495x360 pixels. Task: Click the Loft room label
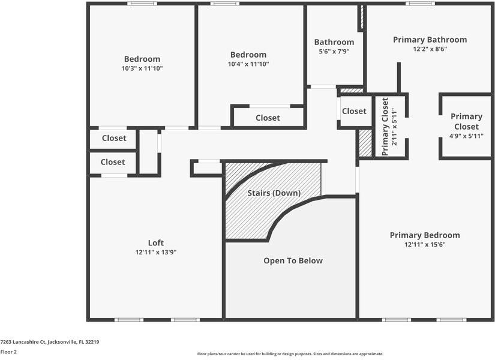click(155, 242)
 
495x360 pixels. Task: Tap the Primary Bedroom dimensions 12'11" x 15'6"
click(425, 245)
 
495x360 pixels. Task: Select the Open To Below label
click(293, 260)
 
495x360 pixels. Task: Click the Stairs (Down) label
click(274, 193)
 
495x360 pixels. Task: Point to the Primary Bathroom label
click(430, 40)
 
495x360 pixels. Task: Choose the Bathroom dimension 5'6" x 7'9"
click(334, 52)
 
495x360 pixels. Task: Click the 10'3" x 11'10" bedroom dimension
click(142, 68)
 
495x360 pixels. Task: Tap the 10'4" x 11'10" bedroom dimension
click(248, 64)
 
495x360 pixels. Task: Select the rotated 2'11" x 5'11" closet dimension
click(394, 127)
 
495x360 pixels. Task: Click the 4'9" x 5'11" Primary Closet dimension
click(466, 136)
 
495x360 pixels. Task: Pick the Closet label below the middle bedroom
click(268, 118)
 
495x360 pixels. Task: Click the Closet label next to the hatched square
click(354, 111)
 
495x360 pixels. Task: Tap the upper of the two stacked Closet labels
click(114, 138)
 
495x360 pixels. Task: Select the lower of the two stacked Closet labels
click(113, 162)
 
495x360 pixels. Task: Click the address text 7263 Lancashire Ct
click(50, 341)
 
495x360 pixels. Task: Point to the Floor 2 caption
click(8, 352)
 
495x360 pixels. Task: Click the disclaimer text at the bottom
click(290, 354)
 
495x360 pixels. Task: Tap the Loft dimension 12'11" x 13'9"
click(155, 252)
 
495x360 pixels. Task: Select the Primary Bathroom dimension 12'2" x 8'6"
click(430, 49)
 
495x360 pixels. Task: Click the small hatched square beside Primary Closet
click(365, 143)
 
